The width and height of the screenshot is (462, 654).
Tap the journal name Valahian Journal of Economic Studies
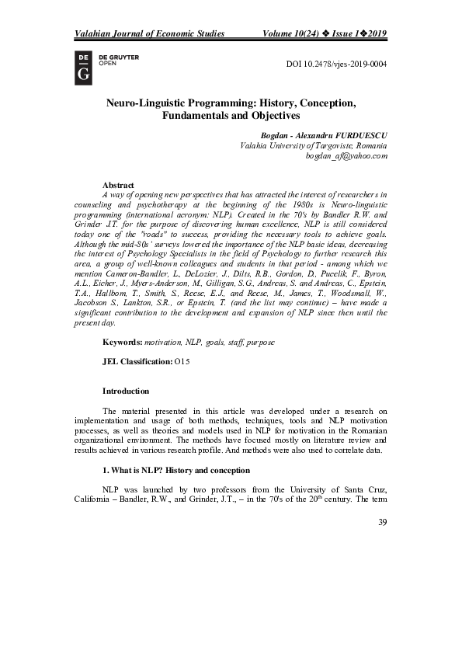[149, 33]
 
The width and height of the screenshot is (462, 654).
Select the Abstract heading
[120, 185]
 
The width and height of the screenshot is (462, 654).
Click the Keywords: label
[123, 342]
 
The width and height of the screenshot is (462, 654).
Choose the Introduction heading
[126, 391]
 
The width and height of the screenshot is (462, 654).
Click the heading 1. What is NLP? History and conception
[176, 470]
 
